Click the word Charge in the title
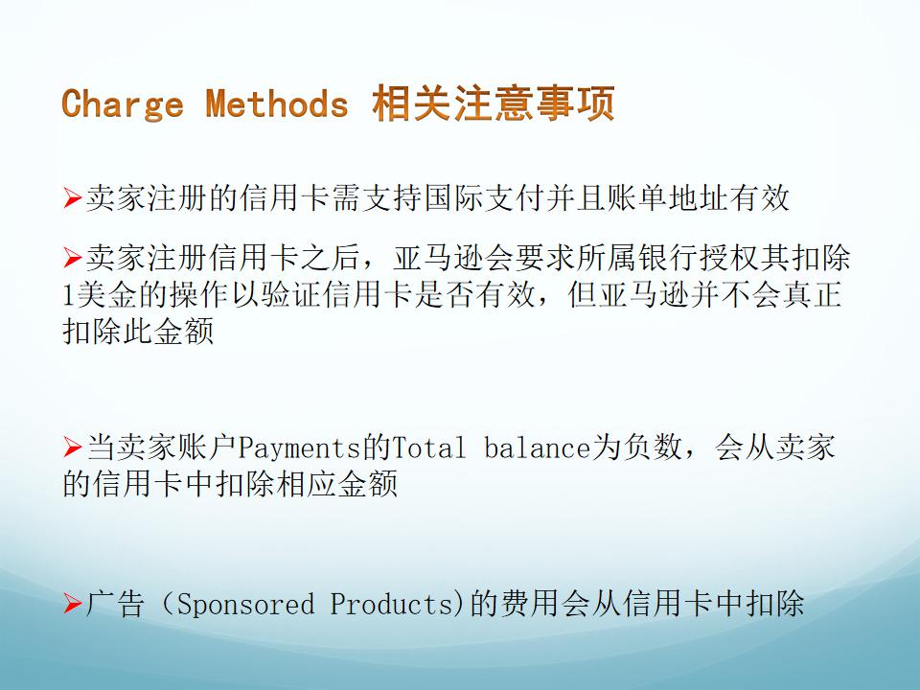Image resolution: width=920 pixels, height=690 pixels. (122, 103)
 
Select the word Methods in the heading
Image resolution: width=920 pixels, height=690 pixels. (277, 103)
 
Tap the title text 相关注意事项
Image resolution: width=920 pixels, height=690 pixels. (494, 103)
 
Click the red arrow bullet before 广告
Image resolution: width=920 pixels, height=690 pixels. (73, 604)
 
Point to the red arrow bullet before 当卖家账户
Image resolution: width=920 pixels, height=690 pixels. (73, 448)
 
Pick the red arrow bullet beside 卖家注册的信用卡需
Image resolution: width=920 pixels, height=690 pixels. (73, 197)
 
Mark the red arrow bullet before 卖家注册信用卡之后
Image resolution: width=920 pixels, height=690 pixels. (73, 258)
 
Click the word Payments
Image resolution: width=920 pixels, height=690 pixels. (299, 448)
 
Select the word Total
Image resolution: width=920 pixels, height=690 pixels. (428, 448)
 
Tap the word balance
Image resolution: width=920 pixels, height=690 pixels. (537, 448)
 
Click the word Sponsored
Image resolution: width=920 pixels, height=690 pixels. (245, 605)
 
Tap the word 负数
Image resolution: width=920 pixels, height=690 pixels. (652, 448)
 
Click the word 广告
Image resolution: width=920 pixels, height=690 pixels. (115, 604)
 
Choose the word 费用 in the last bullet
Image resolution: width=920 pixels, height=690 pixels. (530, 604)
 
